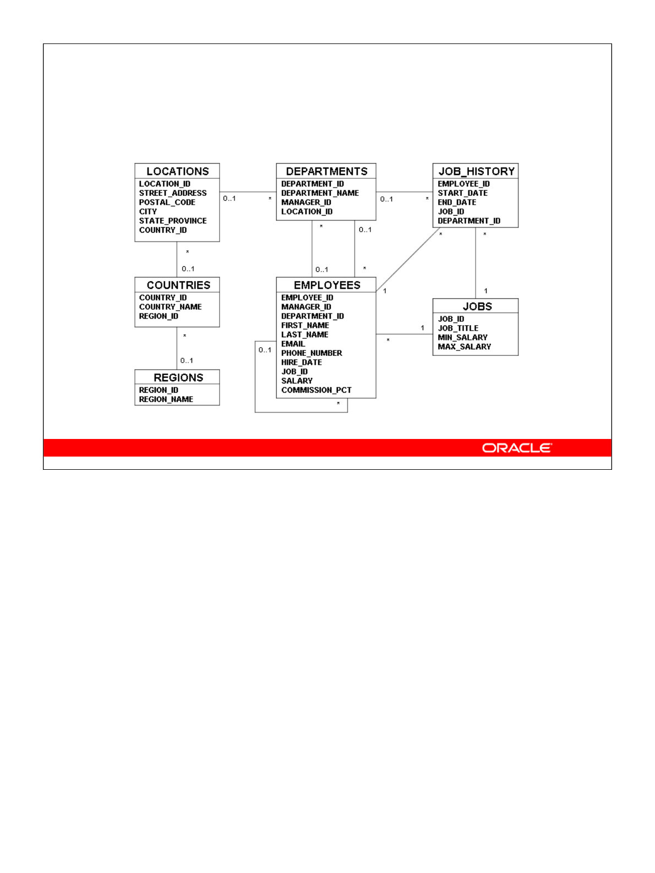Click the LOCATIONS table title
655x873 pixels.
(x=177, y=171)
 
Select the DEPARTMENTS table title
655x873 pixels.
(x=326, y=171)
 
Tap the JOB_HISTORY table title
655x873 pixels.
(x=476, y=171)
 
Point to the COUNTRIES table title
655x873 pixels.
(x=178, y=285)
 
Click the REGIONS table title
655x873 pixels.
(x=178, y=377)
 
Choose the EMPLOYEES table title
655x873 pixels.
(x=327, y=285)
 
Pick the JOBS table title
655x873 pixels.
(x=477, y=306)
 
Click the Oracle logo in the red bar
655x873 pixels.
(x=517, y=448)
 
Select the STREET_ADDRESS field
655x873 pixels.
(x=173, y=193)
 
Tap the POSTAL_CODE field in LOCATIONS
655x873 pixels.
(x=167, y=202)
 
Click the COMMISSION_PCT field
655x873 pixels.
(x=316, y=390)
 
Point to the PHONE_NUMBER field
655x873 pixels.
(x=312, y=353)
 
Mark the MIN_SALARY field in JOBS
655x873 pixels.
(x=462, y=338)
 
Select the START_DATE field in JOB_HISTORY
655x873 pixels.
(x=462, y=193)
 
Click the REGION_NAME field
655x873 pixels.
(x=166, y=399)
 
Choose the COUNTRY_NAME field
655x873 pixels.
(x=170, y=307)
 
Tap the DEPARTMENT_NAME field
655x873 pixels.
(x=320, y=193)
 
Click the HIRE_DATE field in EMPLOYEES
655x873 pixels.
(x=302, y=363)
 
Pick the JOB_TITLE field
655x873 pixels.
(x=458, y=328)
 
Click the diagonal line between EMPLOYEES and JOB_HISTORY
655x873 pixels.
(x=408, y=259)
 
